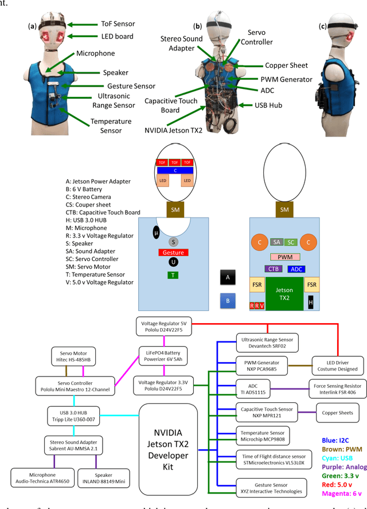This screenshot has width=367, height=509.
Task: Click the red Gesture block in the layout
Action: [173, 252]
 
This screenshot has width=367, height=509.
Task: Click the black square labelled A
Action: [228, 277]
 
